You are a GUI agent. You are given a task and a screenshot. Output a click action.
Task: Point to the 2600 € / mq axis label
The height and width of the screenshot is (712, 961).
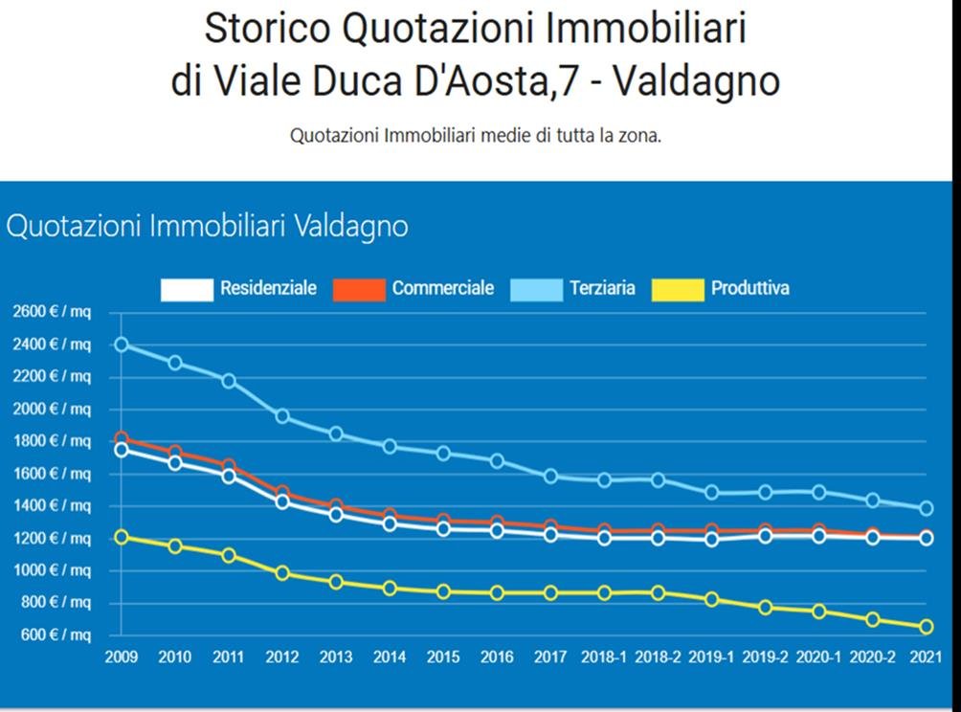point(52,312)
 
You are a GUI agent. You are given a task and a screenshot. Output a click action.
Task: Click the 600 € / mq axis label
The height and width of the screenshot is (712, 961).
point(54,634)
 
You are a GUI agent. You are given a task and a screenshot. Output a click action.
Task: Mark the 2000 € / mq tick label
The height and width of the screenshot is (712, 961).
point(52,409)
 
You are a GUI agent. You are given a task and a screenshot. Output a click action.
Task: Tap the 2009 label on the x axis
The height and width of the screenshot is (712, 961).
point(122,657)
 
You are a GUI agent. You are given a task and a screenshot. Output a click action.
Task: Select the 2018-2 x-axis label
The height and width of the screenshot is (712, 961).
point(658,657)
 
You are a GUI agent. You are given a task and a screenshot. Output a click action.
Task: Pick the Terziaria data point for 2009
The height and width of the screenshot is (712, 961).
point(122,345)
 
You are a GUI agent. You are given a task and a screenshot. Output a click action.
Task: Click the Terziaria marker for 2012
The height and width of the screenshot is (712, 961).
point(282,416)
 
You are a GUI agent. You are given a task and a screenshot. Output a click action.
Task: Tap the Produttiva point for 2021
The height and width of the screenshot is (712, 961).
point(926,627)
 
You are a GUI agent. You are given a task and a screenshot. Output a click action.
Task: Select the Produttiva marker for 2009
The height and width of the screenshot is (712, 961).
point(122,537)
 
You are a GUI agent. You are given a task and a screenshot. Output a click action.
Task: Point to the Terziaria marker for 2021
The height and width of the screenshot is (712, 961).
point(926,508)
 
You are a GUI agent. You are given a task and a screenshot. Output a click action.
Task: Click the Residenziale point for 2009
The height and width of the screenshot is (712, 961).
point(122,450)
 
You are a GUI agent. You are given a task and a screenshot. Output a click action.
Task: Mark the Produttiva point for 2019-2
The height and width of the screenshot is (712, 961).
point(765,608)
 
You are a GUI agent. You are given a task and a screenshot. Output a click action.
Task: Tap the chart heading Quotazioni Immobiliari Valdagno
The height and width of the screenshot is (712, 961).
point(207,227)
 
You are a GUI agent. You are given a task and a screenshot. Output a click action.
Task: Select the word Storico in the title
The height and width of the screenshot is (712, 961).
point(266,29)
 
